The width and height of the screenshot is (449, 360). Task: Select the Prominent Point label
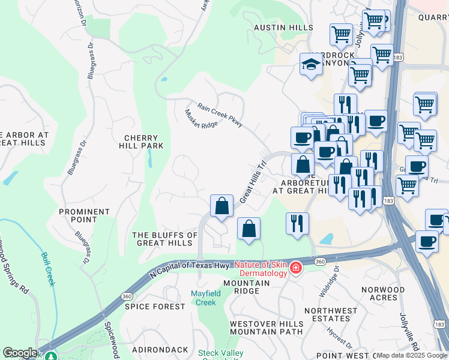pos(85,215)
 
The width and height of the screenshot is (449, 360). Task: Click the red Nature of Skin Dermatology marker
pos(295,268)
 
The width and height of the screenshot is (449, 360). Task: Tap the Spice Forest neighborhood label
pos(155,307)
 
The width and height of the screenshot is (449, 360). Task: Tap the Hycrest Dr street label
pos(340,338)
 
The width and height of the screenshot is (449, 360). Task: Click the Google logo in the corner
pos(20,353)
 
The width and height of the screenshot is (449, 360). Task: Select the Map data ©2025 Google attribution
pos(412,355)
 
